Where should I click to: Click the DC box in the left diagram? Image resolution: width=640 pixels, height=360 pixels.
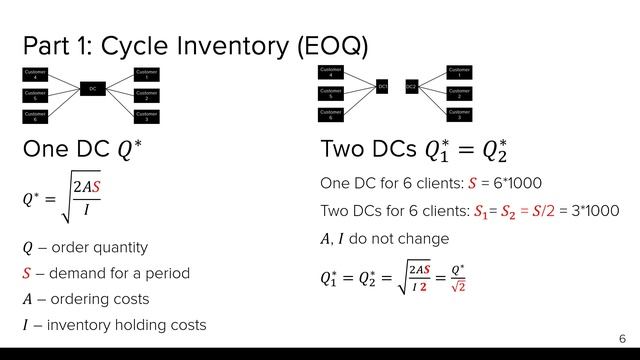[92, 89]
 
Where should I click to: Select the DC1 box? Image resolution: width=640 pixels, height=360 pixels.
[383, 88]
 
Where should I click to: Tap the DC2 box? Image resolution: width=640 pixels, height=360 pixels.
[411, 88]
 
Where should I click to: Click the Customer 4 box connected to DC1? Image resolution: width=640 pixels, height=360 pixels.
[332, 72]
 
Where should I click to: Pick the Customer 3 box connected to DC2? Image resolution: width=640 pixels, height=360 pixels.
[459, 114]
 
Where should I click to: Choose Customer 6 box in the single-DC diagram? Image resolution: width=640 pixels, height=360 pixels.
[36, 116]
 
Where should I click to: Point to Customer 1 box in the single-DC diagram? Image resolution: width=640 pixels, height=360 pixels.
[147, 74]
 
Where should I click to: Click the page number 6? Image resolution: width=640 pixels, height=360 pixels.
[622, 339]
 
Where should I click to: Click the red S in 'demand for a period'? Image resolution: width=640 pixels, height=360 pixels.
[27, 273]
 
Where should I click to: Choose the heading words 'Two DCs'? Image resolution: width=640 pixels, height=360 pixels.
[367, 150]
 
